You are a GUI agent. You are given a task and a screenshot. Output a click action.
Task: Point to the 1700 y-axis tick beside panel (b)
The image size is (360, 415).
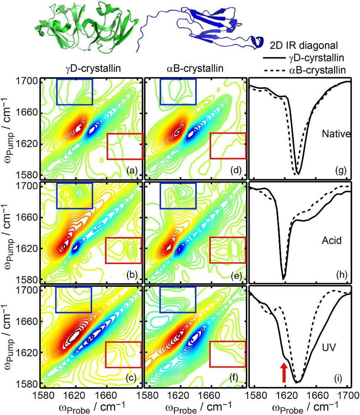click(32, 186)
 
